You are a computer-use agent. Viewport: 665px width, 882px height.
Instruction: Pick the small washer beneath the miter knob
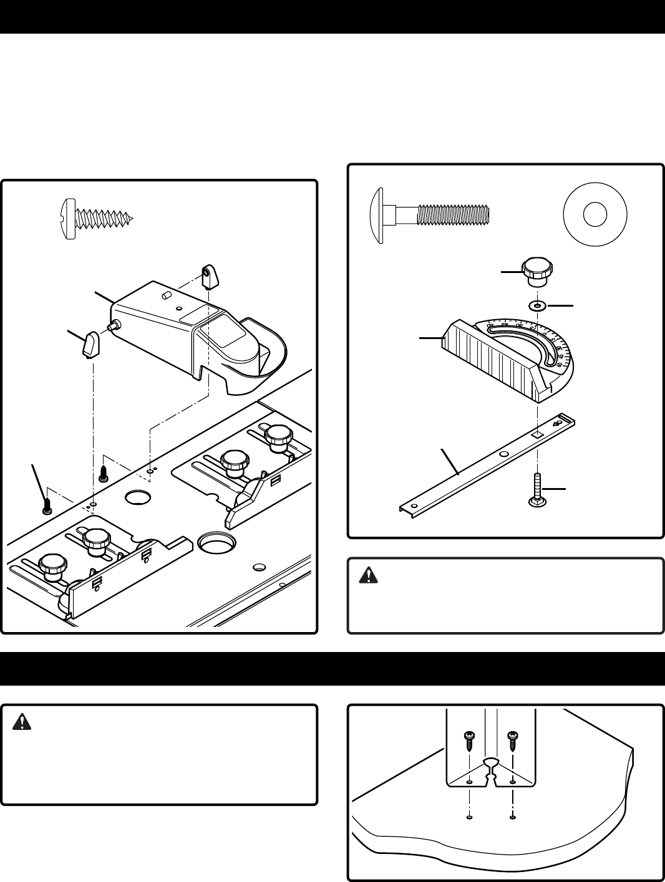[536, 306]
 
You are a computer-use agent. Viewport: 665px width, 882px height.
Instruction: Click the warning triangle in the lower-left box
[21, 722]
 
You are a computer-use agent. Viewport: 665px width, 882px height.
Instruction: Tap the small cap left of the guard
[90, 345]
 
